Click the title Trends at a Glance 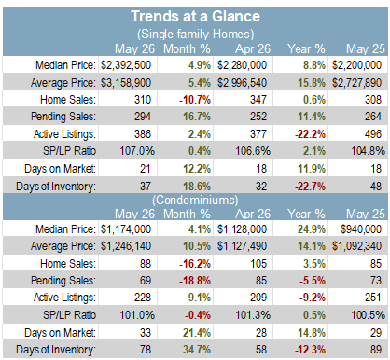click(x=195, y=16)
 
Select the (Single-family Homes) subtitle click(x=196, y=34)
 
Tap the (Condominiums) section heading click(x=195, y=200)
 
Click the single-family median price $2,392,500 click(x=126, y=65)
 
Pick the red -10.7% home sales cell click(x=195, y=100)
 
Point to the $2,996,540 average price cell click(x=242, y=83)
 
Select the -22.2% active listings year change click(x=310, y=134)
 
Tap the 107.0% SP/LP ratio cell click(x=137, y=151)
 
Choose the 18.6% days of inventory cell click(x=197, y=187)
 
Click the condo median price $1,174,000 click(x=126, y=229)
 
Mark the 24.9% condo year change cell click(x=312, y=229)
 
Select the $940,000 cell click(x=361, y=229)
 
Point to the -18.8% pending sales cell click(x=195, y=281)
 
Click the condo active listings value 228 click(x=143, y=298)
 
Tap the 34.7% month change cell click(x=197, y=350)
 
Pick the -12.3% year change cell click(x=310, y=350)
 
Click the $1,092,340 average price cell click(x=356, y=246)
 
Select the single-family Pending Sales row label click(x=63, y=117)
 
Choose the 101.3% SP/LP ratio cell click(x=253, y=315)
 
